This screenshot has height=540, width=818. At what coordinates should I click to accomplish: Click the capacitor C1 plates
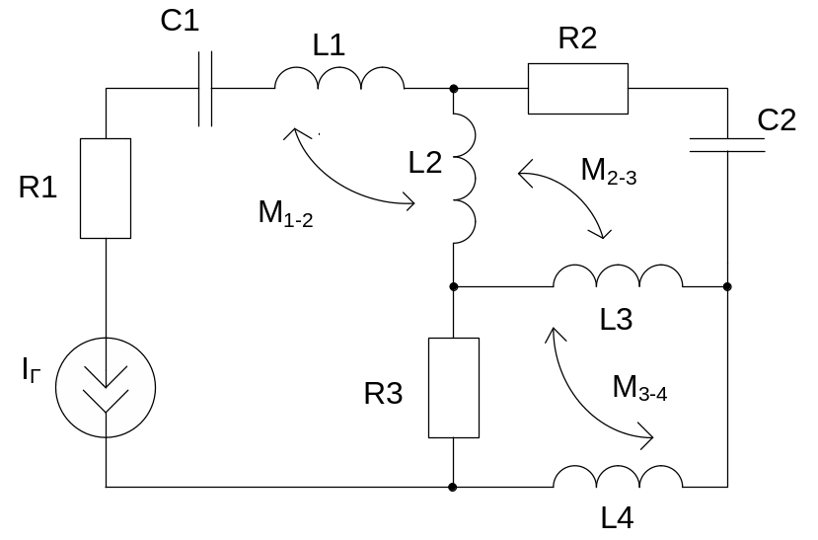pyautogui.click(x=204, y=90)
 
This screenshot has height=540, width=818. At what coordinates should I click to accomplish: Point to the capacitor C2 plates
pyautogui.click(x=727, y=145)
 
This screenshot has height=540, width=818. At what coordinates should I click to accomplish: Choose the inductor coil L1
pyautogui.click(x=338, y=81)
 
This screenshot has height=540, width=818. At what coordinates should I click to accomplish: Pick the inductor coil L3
pyautogui.click(x=617, y=277)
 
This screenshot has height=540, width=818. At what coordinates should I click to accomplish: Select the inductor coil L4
pyautogui.click(x=618, y=478)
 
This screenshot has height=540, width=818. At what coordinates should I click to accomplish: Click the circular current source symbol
pyautogui.click(x=105, y=384)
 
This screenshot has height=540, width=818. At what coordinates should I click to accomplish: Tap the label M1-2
pyautogui.click(x=286, y=213)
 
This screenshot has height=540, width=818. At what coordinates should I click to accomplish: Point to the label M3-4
pyautogui.click(x=640, y=386)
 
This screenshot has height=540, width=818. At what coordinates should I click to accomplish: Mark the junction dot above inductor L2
pyautogui.click(x=454, y=89)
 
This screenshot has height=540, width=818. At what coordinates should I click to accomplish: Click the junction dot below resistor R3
pyautogui.click(x=453, y=487)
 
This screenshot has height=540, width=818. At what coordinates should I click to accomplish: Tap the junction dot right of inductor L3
pyautogui.click(x=727, y=286)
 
